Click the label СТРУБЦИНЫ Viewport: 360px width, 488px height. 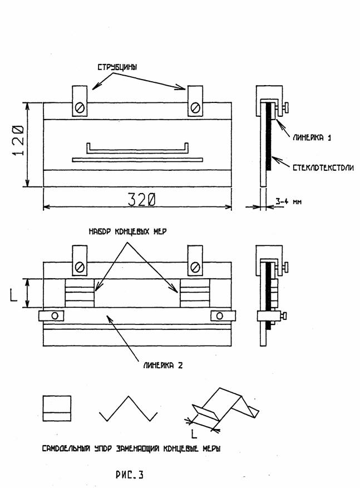pyautogui.click(x=117, y=67)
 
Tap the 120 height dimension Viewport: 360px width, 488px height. pyautogui.click(x=18, y=140)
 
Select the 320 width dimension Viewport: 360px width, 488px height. pyautogui.click(x=141, y=200)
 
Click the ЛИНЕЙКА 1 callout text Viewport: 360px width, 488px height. pyautogui.click(x=312, y=137)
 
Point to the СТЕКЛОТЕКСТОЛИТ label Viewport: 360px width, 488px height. pyautogui.click(x=323, y=167)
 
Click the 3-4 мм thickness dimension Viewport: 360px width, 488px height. pyautogui.click(x=288, y=201)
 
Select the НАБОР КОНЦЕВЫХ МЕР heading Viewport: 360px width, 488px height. pyautogui.click(x=127, y=231)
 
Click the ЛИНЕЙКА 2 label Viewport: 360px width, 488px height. pyautogui.click(x=162, y=365)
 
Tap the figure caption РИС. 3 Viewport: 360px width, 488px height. pyautogui.click(x=130, y=474)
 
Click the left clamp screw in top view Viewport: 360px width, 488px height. pyautogui.click(x=80, y=108)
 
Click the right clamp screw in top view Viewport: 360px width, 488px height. pyautogui.click(x=195, y=108)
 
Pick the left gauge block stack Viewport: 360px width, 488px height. pyautogui.click(x=80, y=293)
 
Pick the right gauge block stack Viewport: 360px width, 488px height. pyautogui.click(x=195, y=293)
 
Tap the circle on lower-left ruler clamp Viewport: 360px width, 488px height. pyautogui.click(x=55, y=316)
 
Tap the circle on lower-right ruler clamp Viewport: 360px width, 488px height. pyautogui.click(x=219, y=316)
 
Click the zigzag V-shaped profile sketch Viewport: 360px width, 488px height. pyautogui.click(x=129, y=408)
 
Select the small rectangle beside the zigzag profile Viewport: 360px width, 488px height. pyautogui.click(x=57, y=408)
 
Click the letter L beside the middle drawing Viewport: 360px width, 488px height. pyautogui.click(x=14, y=295)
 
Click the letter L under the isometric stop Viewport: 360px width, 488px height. pyautogui.click(x=194, y=434)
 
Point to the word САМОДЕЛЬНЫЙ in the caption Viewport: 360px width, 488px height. pyautogui.click(x=66, y=449)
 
